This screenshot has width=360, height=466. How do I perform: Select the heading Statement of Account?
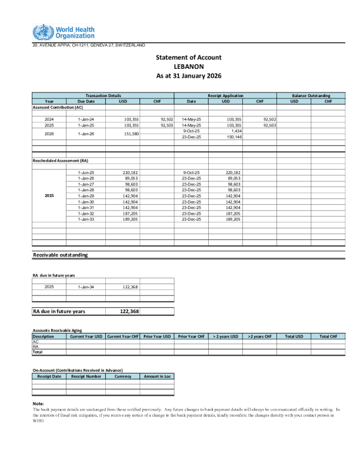(188, 57)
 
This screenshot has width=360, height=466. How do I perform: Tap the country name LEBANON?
(188, 66)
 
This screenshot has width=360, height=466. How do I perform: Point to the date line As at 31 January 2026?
(188, 76)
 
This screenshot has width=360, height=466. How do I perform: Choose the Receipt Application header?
(225, 95)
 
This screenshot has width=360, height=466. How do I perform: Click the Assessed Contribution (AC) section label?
(57, 107)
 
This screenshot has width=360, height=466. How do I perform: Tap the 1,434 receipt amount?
(234, 131)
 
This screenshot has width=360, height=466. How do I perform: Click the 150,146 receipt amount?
(233, 137)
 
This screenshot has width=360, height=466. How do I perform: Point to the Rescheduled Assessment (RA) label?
(60, 160)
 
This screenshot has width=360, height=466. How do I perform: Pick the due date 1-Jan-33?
(85, 219)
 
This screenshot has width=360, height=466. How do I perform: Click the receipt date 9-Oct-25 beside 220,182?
(192, 172)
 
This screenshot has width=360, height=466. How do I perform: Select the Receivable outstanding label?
(60, 255)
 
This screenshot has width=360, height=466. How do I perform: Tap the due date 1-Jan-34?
(85, 287)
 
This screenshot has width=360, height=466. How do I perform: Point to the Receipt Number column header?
(85, 376)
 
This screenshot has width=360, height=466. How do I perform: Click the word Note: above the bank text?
(38, 403)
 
